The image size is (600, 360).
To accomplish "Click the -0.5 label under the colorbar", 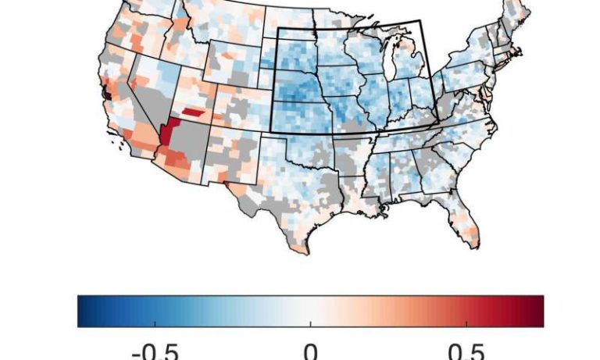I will [x=156, y=349].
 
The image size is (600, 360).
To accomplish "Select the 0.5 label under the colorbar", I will [x=466, y=349].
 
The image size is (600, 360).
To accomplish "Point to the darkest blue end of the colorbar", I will [x=81, y=311].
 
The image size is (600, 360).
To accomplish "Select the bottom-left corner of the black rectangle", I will [x=270, y=130].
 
